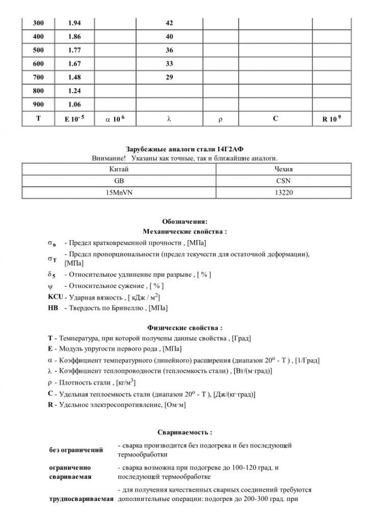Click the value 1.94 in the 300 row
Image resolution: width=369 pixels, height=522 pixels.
coord(74,23)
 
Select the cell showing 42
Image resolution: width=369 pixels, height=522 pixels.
coord(170,23)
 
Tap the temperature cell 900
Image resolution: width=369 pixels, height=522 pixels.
coord(38,105)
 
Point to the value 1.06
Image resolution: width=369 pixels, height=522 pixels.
coord(74,105)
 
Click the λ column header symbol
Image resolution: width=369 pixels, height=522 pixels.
coord(169,119)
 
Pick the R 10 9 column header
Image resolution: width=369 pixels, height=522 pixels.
coord(331,119)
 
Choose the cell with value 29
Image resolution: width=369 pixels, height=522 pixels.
coord(170,77)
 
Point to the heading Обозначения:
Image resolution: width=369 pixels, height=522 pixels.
coord(184,222)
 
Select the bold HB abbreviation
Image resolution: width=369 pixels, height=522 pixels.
coord(53,308)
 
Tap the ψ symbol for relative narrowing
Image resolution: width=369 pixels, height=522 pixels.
coord(50,286)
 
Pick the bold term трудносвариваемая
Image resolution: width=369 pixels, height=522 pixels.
coord(81,499)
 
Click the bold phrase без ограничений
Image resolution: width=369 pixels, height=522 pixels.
coord(76,450)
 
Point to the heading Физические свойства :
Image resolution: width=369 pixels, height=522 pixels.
coord(184,328)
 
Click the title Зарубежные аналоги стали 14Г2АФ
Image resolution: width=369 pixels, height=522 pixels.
coord(184,148)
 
